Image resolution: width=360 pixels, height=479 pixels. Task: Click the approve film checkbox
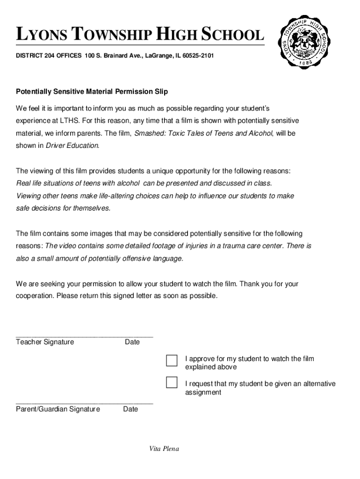(x=172, y=361)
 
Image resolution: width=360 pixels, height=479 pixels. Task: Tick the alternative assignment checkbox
(x=172, y=383)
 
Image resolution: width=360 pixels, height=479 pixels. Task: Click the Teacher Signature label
(x=45, y=342)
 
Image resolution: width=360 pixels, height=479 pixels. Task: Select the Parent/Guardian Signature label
(x=58, y=409)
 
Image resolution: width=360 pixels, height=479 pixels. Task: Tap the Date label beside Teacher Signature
(x=132, y=342)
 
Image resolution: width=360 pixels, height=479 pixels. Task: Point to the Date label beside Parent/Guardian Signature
(x=130, y=409)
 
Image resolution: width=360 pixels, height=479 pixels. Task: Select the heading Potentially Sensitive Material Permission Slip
(x=92, y=91)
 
